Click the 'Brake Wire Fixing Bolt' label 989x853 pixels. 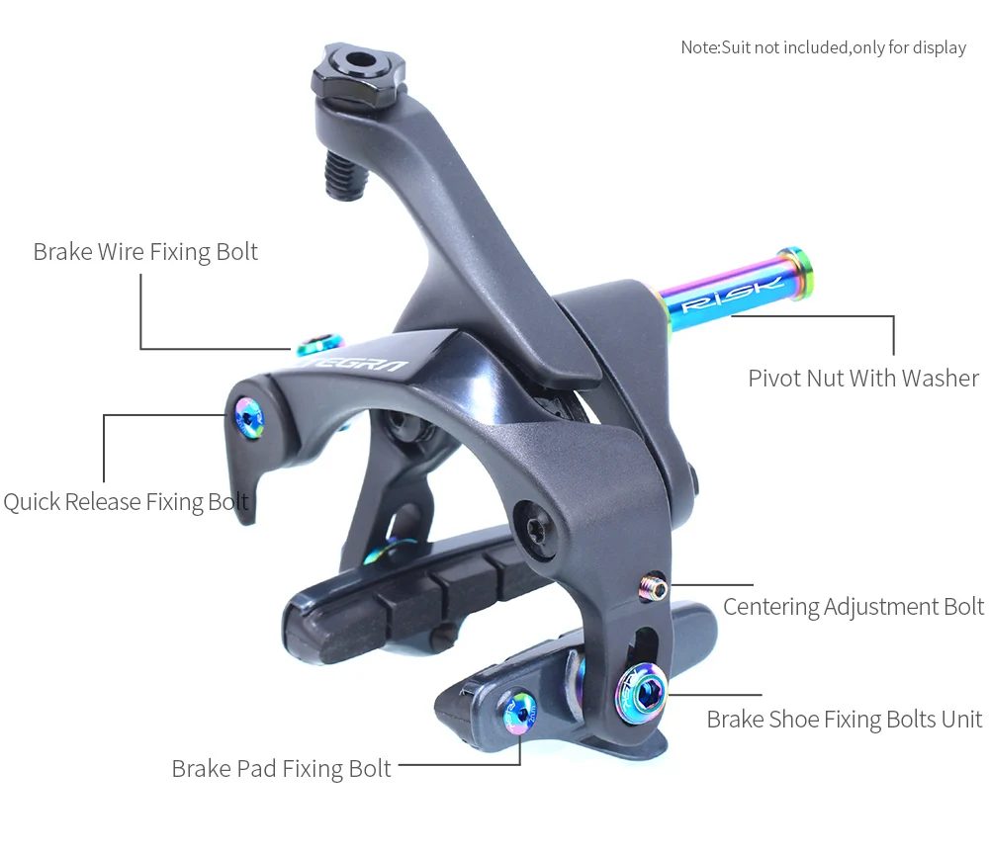145,252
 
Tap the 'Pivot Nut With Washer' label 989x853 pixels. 863,379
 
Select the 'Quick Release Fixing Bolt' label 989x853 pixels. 126,502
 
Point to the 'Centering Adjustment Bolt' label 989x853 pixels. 853,606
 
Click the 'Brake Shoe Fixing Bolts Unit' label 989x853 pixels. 844,720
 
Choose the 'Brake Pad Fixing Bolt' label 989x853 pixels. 281,768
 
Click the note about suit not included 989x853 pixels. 823,47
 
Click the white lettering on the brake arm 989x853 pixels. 360,367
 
